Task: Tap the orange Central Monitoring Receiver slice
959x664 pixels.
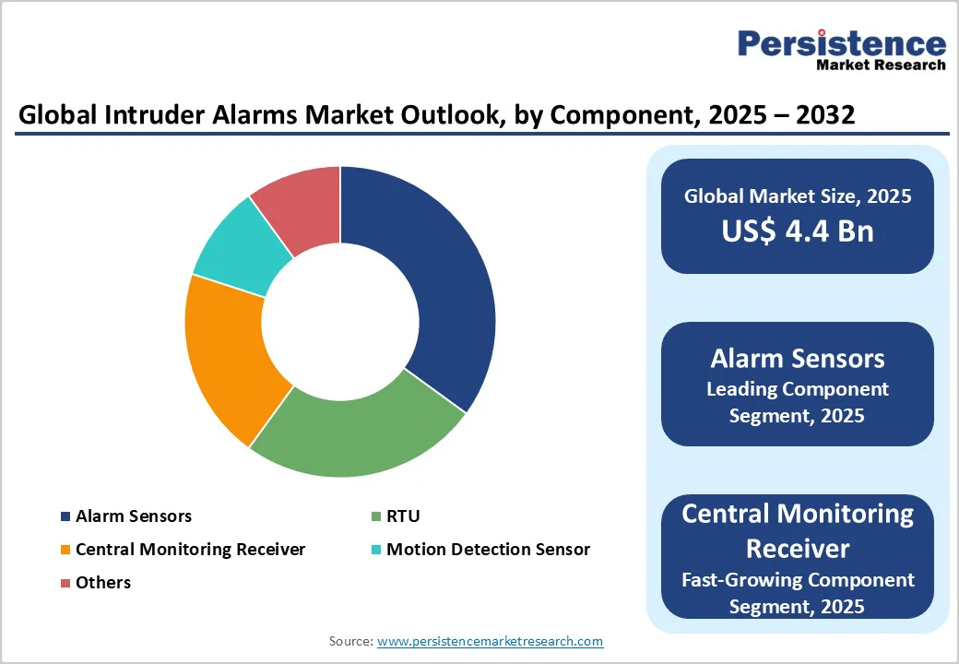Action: (226, 355)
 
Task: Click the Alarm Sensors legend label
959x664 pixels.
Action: (134, 516)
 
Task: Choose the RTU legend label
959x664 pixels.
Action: (403, 516)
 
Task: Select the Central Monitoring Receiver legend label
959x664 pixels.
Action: (190, 550)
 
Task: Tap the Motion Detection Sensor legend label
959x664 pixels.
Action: (488, 550)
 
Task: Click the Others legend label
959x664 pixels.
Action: (103, 583)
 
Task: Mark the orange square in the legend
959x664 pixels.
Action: (65, 550)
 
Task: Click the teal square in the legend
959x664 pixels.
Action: (375, 550)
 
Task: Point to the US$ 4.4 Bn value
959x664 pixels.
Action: (797, 231)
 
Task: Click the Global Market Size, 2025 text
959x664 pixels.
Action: (797, 196)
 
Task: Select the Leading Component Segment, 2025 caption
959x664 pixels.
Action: (797, 402)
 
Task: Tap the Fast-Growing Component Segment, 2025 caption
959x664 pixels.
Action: (797, 592)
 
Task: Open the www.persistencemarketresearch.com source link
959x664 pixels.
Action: (490, 641)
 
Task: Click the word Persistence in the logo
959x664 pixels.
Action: (842, 43)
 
